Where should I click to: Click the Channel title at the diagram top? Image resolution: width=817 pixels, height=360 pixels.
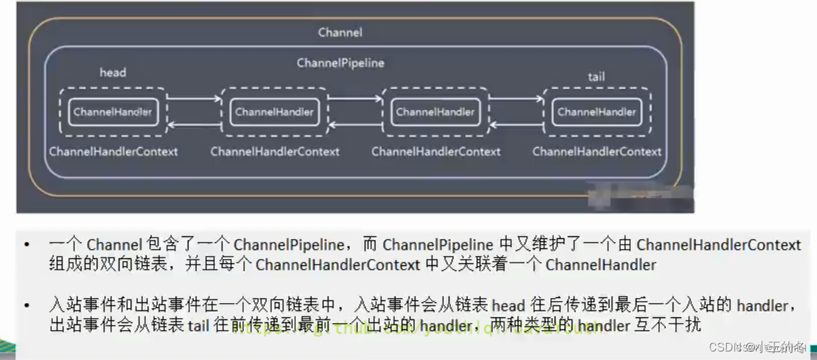coord(340,32)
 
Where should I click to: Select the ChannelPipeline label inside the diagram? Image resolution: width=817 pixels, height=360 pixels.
coord(340,63)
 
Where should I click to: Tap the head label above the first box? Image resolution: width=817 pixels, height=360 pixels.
coord(112,73)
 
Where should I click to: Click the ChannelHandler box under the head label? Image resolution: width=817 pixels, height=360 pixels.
coord(112,112)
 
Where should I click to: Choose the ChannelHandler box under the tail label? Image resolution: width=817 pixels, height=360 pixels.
coord(597,112)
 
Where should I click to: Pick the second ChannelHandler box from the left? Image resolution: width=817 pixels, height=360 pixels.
coord(274,112)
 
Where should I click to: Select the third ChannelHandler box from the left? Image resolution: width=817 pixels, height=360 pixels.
coord(435,112)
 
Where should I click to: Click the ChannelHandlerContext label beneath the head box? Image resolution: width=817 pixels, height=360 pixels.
coord(113,152)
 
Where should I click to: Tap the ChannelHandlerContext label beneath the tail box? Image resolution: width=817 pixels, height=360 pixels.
coord(597,152)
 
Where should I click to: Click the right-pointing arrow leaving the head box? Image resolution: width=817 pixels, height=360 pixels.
coord(193,100)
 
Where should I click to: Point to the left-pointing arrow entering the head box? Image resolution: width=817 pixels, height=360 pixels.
coord(193,125)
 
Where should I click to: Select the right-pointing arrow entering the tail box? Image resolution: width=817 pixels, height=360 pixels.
coord(516,100)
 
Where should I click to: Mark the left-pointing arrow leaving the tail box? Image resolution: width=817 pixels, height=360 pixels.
coord(516,125)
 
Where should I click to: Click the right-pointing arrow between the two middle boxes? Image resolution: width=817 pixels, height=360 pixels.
coord(355,100)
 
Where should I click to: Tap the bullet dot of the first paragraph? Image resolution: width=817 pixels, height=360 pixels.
coord(27,245)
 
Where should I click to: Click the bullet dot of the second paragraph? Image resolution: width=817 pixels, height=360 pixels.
coord(27,307)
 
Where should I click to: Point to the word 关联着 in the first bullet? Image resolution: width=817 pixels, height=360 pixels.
coord(516,266)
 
